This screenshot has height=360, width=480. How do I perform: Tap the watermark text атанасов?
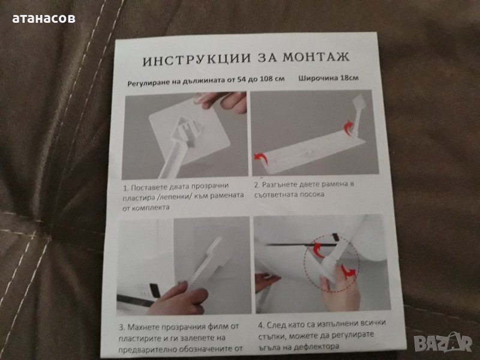coord(44,18)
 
